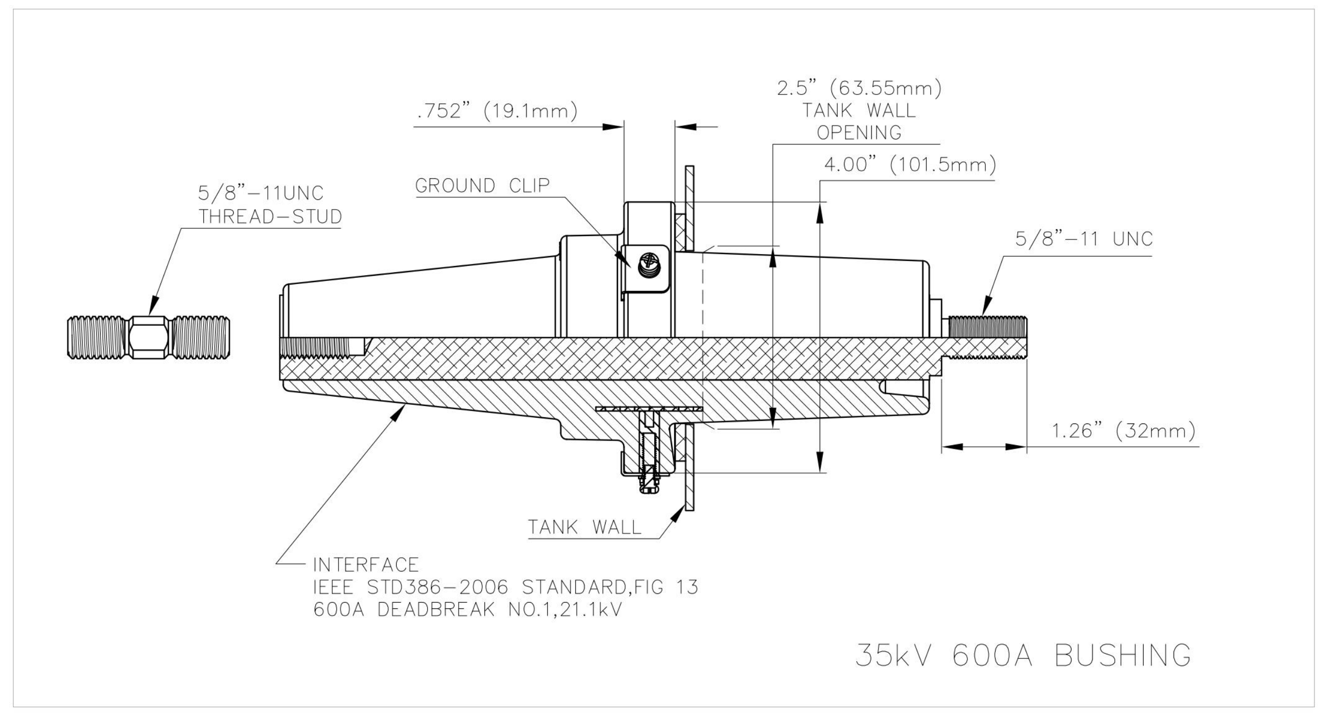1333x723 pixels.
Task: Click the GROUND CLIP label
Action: [x=482, y=185]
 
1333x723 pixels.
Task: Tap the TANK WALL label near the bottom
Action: [x=584, y=527]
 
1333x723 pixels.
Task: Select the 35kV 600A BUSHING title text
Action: [x=1023, y=656]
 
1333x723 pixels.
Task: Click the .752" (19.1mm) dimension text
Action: [x=497, y=111]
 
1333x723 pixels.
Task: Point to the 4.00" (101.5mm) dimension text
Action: [x=909, y=165]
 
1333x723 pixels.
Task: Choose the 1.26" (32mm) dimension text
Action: [x=1124, y=431]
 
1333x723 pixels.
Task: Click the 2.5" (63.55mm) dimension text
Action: [x=859, y=88]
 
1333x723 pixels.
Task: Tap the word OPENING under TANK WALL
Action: [x=859, y=133]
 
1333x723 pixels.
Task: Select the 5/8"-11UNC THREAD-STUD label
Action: [x=270, y=205]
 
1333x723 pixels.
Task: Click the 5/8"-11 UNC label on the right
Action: [x=1084, y=239]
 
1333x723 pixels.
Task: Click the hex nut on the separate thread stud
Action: [x=149, y=337]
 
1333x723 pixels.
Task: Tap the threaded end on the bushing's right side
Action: [x=986, y=337]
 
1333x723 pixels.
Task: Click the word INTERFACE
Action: [x=366, y=564]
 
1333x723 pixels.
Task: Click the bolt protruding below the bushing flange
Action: [x=648, y=482]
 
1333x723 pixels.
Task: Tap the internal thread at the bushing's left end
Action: [x=321, y=347]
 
